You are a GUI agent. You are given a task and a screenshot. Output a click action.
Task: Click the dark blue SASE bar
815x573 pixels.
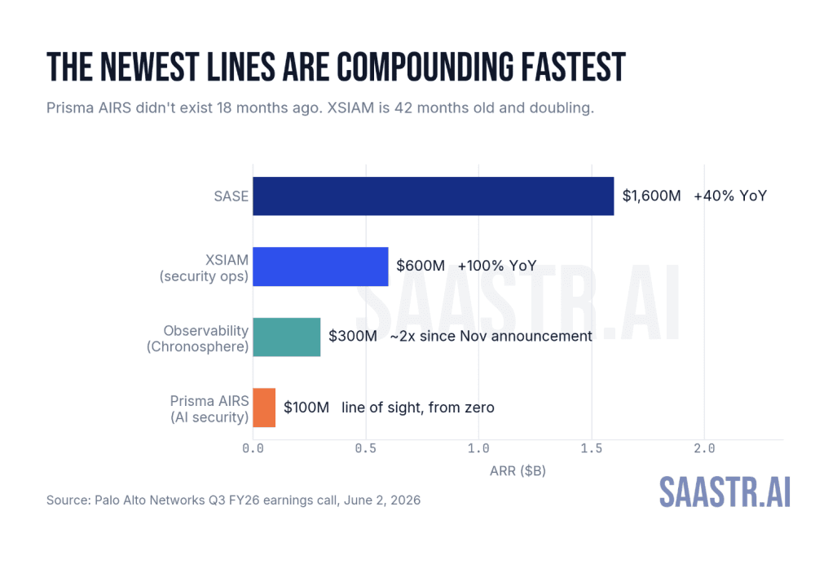(434, 196)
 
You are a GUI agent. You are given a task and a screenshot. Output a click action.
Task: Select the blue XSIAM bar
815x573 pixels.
(320, 267)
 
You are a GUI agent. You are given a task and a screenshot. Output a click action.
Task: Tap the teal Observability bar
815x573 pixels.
(287, 337)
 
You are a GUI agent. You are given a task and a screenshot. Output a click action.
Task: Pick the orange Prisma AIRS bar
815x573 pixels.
(264, 408)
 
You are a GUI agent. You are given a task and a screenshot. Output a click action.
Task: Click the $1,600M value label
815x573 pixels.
(651, 196)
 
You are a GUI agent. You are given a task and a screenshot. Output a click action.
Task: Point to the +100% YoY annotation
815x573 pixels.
(497, 267)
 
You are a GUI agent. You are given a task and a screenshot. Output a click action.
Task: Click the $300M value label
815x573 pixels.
(353, 337)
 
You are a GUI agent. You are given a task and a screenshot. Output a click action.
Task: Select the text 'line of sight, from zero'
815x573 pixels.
(418, 408)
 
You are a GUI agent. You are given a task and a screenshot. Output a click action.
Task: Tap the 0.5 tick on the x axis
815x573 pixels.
(366, 448)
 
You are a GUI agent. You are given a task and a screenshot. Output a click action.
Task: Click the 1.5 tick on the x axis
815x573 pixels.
(592, 448)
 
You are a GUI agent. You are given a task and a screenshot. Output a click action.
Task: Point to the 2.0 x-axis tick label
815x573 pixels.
(704, 448)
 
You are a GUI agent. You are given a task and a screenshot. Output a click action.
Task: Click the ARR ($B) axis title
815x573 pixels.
(518, 471)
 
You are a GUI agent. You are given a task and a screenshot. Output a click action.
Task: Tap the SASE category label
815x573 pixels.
(231, 196)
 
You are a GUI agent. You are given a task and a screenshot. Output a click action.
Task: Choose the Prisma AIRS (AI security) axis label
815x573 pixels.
(209, 409)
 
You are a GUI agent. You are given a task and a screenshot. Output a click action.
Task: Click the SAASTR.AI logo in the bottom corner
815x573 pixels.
(725, 491)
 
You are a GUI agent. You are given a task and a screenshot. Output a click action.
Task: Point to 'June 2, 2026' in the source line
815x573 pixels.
(382, 500)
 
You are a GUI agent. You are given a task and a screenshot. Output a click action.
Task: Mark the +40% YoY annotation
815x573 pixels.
(730, 196)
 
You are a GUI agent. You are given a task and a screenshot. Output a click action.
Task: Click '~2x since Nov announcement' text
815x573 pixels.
(491, 337)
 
